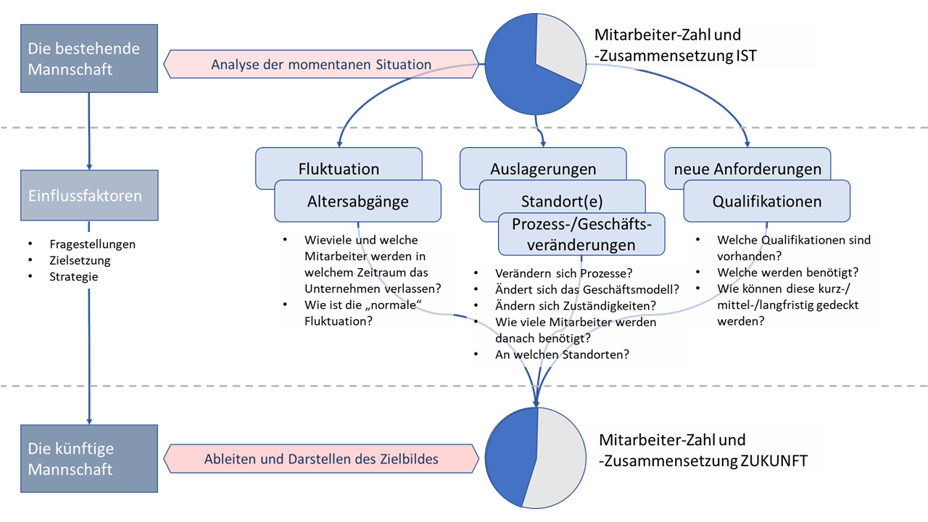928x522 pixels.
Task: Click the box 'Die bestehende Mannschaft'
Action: (x=88, y=58)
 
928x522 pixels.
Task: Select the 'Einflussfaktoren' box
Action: (x=88, y=196)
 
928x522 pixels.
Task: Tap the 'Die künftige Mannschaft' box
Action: (x=88, y=459)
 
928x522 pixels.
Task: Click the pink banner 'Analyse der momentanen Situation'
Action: (x=321, y=64)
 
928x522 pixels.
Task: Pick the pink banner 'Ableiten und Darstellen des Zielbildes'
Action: (x=321, y=459)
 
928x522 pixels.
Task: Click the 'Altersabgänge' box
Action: (x=357, y=202)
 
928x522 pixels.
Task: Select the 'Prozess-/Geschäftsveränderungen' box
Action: (x=582, y=234)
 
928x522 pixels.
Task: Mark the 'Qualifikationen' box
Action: (x=767, y=201)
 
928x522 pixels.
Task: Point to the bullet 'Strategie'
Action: (x=73, y=276)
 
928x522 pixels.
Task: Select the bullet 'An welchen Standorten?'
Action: (x=562, y=355)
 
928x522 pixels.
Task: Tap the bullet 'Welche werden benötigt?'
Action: (x=787, y=272)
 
